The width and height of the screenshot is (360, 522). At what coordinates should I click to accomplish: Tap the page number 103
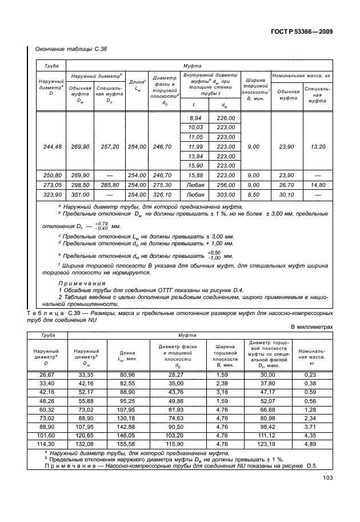328,479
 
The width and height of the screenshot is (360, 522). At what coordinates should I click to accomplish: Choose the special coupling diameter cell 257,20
109,147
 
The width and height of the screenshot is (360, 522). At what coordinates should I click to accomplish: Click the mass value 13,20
317,147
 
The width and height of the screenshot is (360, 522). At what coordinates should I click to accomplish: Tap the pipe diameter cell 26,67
47,374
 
